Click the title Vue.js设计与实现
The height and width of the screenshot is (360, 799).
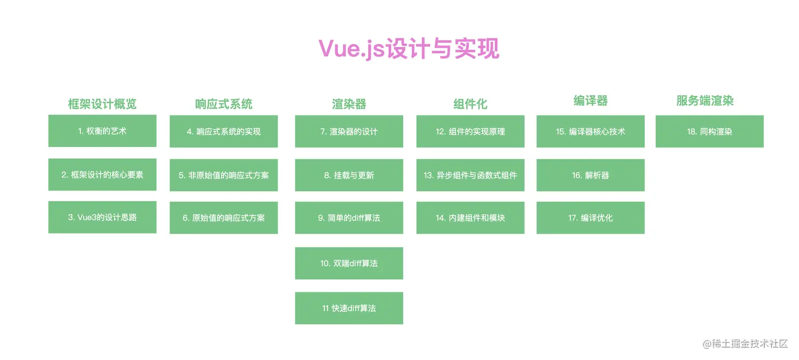[x=409, y=48]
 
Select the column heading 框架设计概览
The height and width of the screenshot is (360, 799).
[x=102, y=104]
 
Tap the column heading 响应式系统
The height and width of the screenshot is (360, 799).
[x=224, y=104]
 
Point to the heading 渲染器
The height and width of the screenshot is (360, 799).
[x=349, y=104]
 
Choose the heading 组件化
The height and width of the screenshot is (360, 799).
[x=470, y=104]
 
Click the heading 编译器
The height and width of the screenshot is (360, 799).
[x=590, y=101]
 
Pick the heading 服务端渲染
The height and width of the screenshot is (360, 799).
[x=705, y=101]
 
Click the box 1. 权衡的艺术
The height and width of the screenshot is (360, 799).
[x=102, y=130]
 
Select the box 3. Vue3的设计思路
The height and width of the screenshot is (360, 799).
[x=102, y=217]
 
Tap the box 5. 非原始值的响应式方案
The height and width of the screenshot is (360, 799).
[x=224, y=175]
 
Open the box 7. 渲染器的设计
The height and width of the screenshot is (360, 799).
[x=349, y=132]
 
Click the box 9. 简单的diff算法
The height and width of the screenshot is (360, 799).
[x=349, y=218]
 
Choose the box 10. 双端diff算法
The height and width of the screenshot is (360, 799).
[x=349, y=263]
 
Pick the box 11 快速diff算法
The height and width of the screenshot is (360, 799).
[x=349, y=308]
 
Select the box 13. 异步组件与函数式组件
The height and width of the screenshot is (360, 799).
[x=470, y=175]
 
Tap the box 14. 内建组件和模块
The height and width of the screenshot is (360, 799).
[x=470, y=218]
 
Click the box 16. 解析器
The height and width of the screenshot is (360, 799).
[x=590, y=175]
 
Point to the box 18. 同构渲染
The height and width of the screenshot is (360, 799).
[x=710, y=132]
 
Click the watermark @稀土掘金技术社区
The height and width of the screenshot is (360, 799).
[x=745, y=343]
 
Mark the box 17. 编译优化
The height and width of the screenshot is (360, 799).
[x=590, y=218]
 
